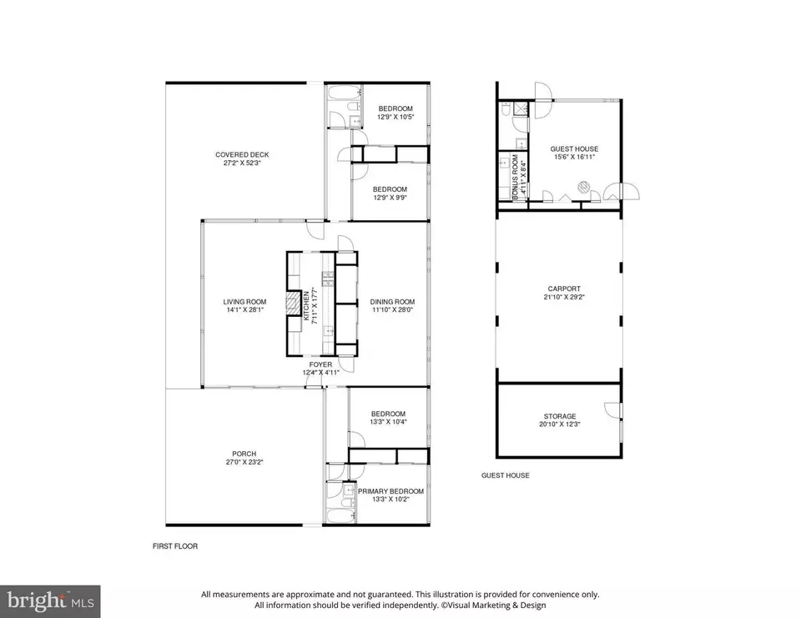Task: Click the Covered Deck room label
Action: click(242, 154)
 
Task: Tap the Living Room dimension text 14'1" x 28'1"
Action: click(244, 309)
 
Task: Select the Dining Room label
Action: click(392, 302)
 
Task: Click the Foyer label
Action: click(320, 364)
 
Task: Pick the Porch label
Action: click(244, 454)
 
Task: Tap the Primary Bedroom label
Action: click(391, 491)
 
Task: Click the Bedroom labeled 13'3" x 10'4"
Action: click(389, 415)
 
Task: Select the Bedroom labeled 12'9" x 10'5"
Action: click(395, 109)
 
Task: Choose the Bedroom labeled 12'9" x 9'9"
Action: click(390, 189)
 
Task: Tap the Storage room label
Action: click(558, 416)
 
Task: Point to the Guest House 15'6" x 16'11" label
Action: click(575, 149)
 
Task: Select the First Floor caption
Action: click(174, 546)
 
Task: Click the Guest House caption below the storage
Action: click(505, 475)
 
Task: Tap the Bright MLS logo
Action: click(50, 600)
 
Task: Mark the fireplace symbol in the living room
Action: click(292, 304)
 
